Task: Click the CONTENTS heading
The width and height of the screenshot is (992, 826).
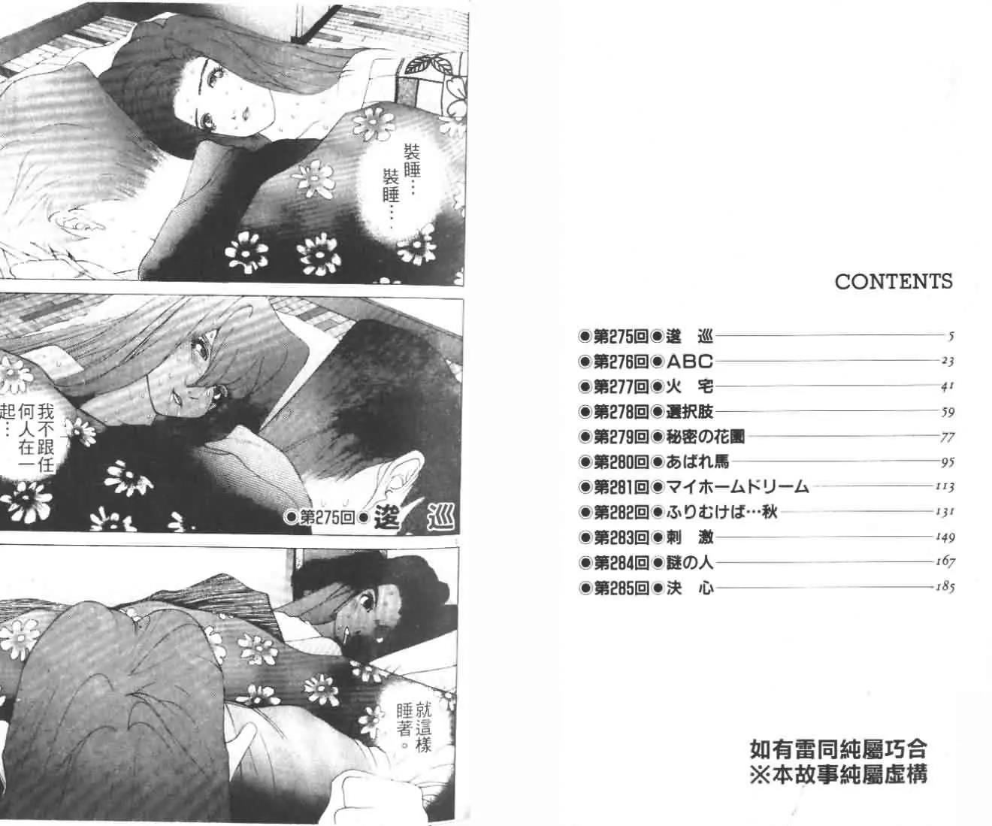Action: [x=894, y=281]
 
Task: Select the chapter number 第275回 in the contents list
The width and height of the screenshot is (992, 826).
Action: [x=621, y=337]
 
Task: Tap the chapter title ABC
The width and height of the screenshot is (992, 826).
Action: [x=690, y=362]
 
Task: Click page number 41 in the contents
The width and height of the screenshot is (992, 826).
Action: [x=948, y=387]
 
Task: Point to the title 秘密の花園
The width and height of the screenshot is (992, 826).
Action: [x=705, y=437]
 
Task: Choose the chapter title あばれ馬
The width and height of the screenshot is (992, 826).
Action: [x=697, y=462]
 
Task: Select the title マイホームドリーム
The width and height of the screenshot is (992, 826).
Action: [x=737, y=487]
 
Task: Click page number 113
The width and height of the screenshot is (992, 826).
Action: [x=945, y=487]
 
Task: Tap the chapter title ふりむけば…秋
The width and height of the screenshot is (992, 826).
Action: [x=721, y=513]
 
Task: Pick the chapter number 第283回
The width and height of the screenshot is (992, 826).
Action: [x=621, y=537]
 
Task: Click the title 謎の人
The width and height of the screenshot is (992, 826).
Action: [x=690, y=563]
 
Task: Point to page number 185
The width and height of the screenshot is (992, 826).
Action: [x=945, y=587]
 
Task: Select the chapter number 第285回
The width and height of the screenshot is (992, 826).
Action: [x=621, y=588]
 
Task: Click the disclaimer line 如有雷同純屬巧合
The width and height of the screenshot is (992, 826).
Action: [x=839, y=750]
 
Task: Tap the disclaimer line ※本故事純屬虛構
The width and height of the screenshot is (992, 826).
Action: [x=839, y=773]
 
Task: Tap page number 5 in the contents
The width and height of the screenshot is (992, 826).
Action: [x=951, y=337]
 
